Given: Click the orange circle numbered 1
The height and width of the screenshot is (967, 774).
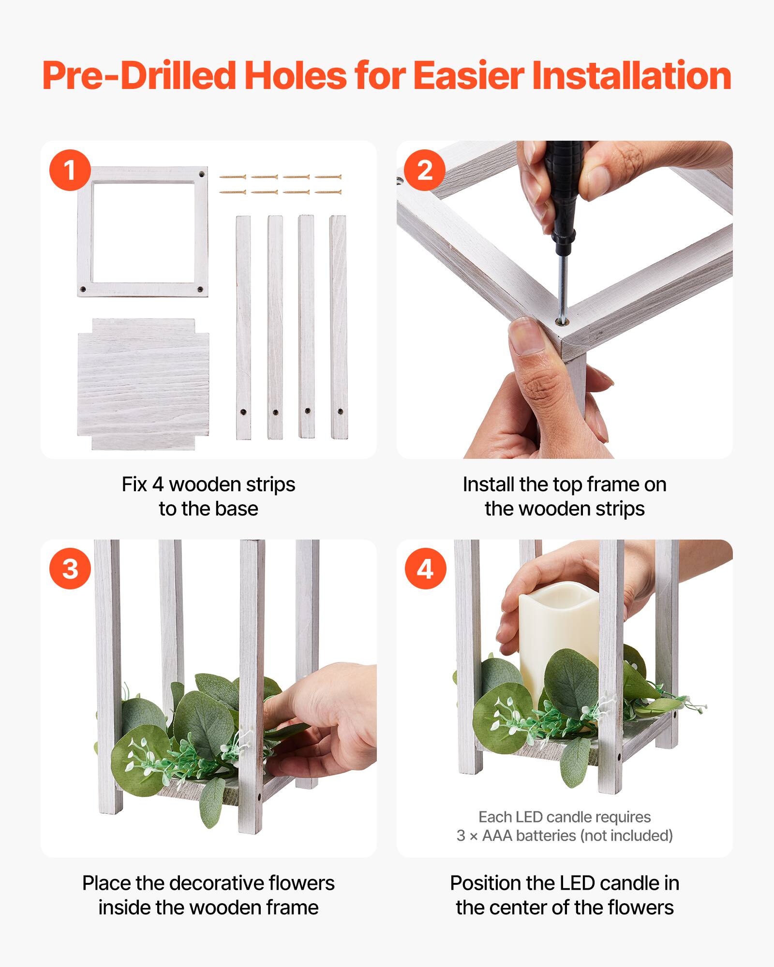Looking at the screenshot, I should point(70,170).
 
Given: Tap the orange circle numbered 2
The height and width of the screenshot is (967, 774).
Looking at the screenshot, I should point(425,170).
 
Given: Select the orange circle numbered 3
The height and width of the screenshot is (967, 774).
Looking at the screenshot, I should point(70,568).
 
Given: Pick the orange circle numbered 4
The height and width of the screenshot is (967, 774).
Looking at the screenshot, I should point(425,568).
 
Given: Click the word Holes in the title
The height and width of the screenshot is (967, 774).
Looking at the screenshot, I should point(296,76).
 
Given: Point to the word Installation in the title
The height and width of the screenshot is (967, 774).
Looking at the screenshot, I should point(631,76).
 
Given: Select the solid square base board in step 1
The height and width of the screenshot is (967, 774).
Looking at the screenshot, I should point(143,384).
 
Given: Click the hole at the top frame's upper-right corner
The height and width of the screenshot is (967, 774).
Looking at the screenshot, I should point(201,175).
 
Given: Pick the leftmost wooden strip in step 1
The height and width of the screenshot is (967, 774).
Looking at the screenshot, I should point(243,327).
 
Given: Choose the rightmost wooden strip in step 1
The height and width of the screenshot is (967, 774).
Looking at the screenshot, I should point(338,327).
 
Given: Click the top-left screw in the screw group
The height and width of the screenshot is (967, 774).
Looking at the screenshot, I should point(233,177).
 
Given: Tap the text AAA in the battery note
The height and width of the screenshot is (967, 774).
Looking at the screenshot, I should point(497,835).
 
